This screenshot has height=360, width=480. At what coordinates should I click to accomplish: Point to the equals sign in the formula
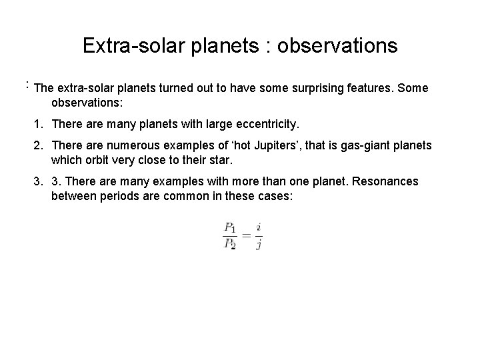pyautogui.click(x=246, y=235)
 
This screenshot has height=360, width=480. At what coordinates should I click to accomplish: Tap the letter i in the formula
pyautogui.click(x=259, y=227)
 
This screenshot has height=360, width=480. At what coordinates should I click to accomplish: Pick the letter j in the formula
pyautogui.click(x=259, y=244)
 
